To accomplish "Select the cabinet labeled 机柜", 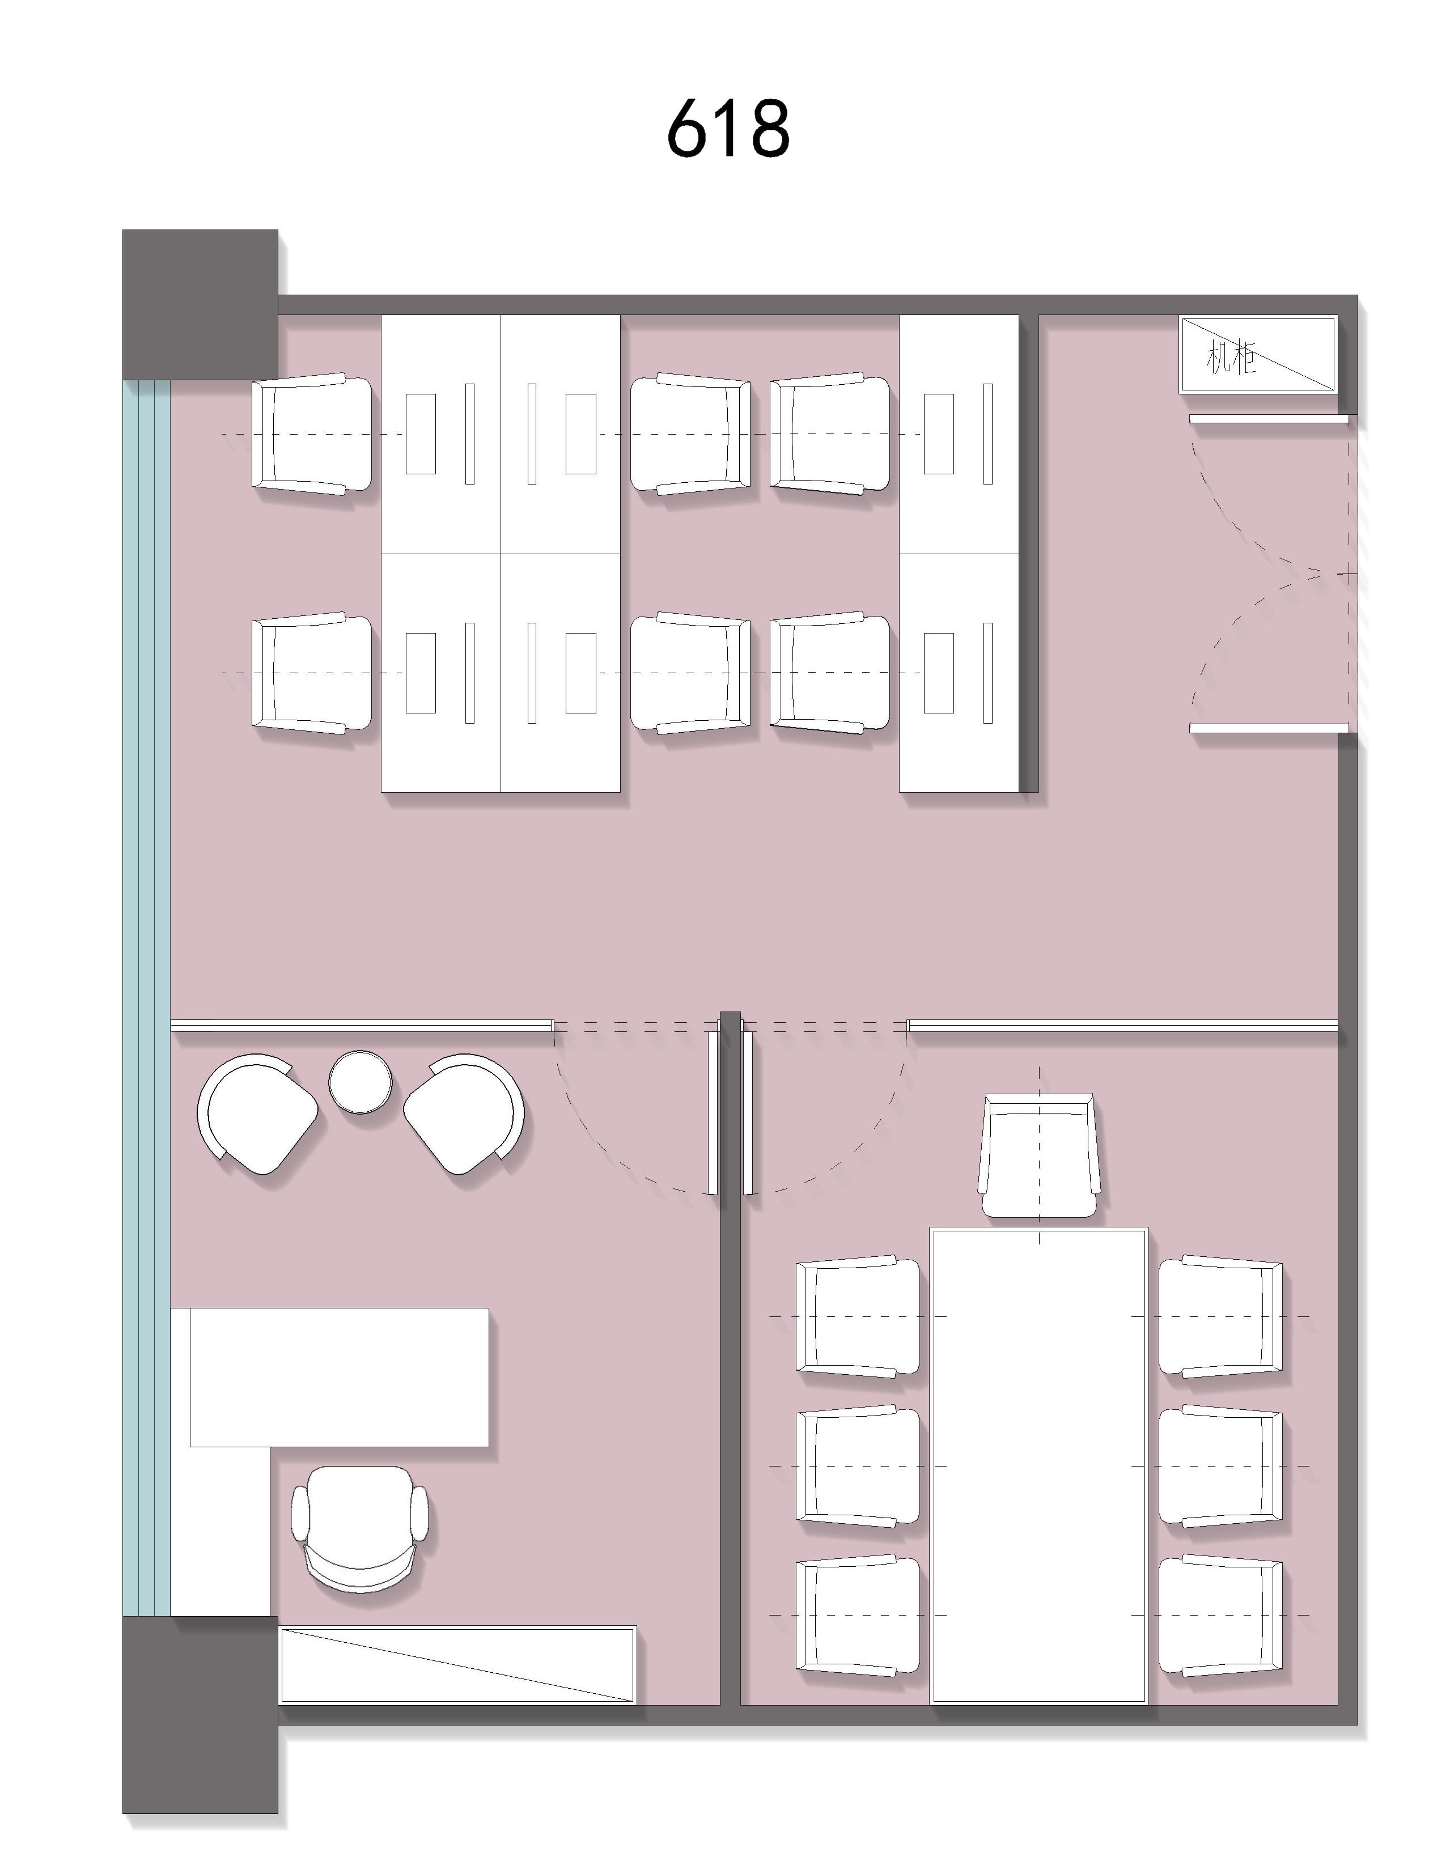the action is pyautogui.click(x=1257, y=355).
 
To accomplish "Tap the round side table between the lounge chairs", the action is pyautogui.click(x=360, y=1082).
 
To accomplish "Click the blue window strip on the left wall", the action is pyautogui.click(x=146, y=997).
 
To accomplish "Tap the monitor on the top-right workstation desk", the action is pyautogui.click(x=987, y=433).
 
